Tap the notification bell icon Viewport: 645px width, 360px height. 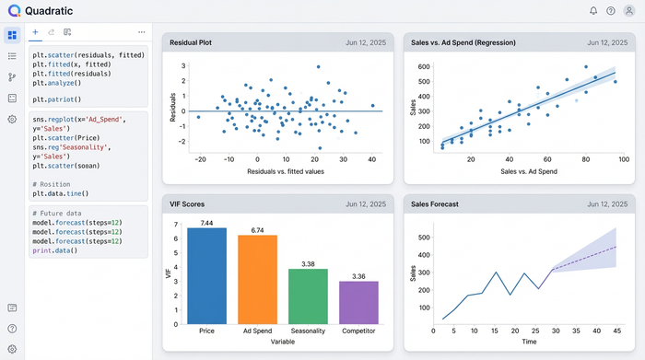[x=592, y=11]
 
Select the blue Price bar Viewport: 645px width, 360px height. [x=206, y=275]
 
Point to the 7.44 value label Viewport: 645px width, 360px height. [x=206, y=223]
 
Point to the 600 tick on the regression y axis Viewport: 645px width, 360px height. [x=424, y=67]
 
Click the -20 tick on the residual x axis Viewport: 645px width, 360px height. [x=200, y=159]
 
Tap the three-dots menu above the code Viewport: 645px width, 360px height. [x=141, y=32]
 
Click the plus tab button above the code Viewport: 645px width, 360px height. [x=36, y=32]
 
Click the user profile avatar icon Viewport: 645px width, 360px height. [x=628, y=11]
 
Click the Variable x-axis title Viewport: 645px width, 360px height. [x=283, y=341]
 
